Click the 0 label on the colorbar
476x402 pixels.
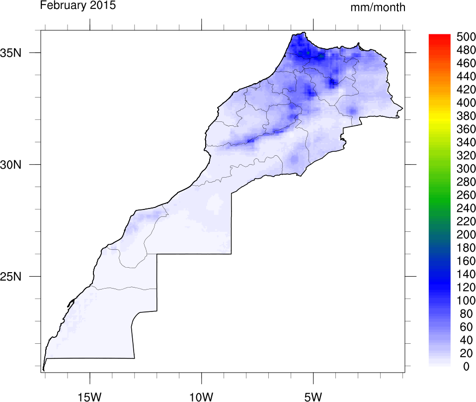coord(466,367)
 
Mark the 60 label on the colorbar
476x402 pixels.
coord(466,327)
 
